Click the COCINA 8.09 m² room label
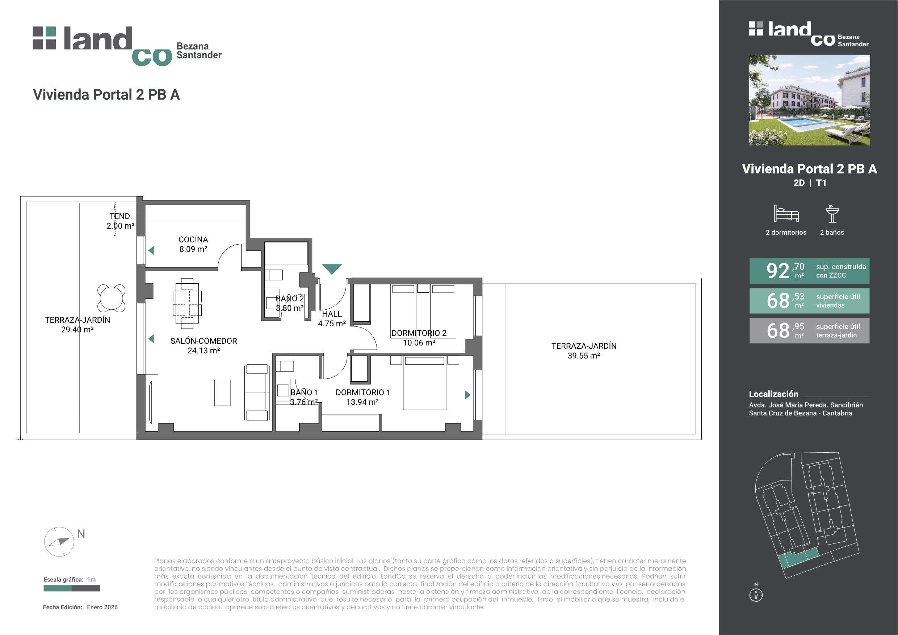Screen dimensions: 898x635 (193, 244)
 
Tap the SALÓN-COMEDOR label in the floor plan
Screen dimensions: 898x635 (203, 346)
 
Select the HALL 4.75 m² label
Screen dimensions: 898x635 (332, 319)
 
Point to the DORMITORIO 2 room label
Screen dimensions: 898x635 (419, 338)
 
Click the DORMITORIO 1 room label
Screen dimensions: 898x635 (363, 397)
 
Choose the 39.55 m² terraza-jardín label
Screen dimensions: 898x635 (584, 351)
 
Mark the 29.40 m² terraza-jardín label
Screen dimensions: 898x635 (77, 325)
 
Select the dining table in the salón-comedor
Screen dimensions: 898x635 (187, 303)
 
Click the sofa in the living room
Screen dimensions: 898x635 (257, 393)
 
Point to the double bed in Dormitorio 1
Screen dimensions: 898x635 (424, 383)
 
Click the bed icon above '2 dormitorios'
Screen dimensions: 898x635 (786, 213)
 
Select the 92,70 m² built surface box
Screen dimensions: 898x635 (809, 271)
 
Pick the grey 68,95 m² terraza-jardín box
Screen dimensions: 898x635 (809, 330)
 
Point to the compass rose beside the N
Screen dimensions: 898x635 (59, 542)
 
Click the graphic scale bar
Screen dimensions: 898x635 (72, 588)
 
